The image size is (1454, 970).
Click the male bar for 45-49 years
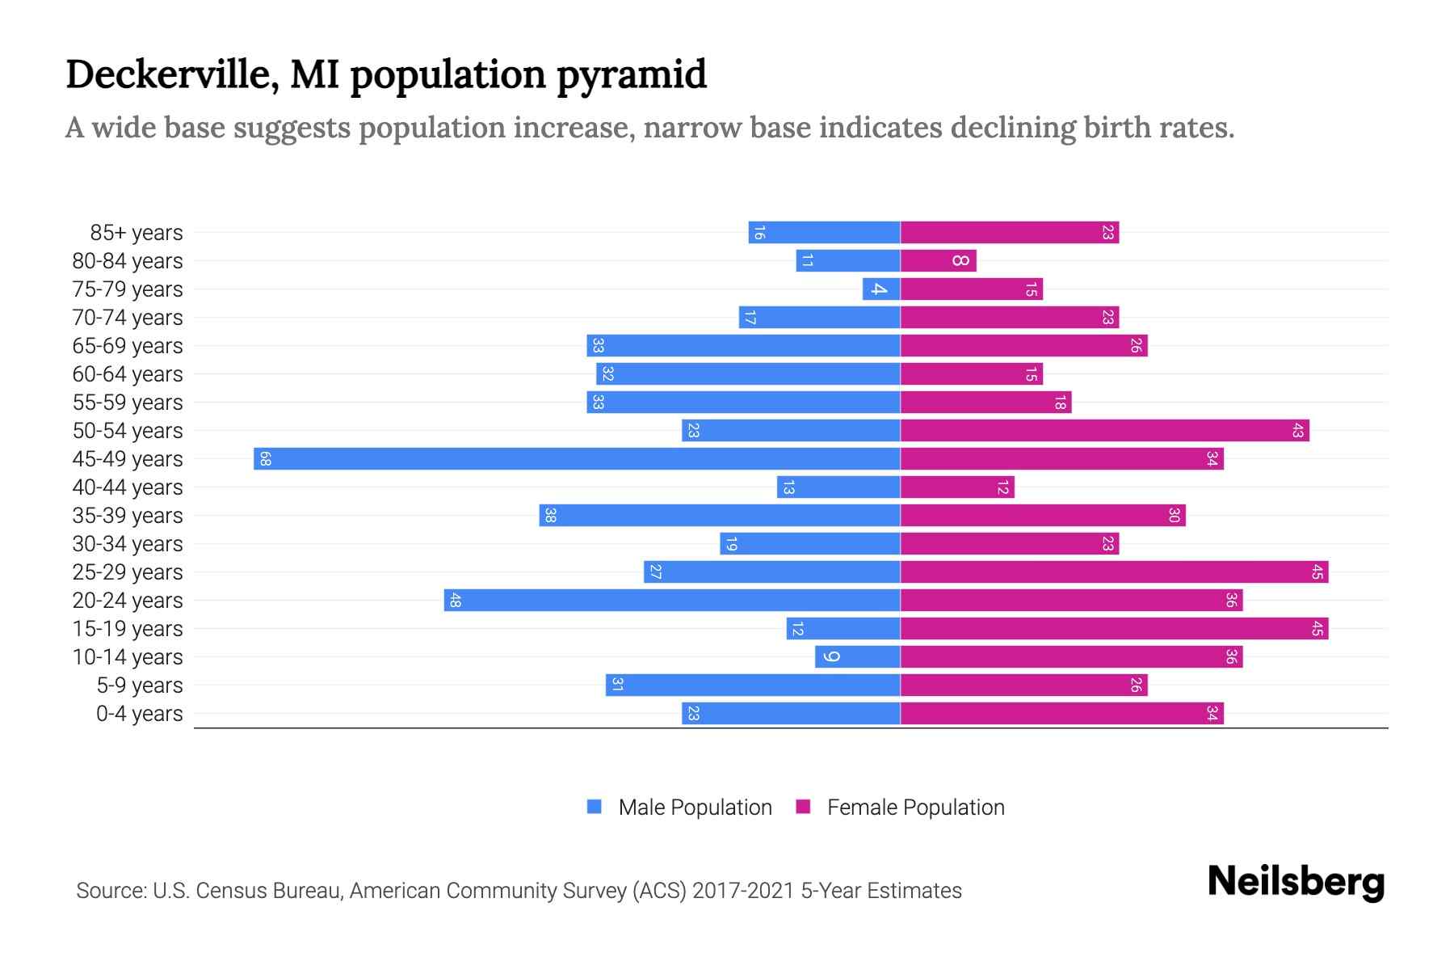(x=577, y=459)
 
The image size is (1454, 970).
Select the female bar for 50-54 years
(x=1104, y=431)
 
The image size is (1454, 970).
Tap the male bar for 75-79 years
(x=881, y=289)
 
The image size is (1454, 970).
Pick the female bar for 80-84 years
(x=938, y=261)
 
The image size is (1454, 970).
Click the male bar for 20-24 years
(x=672, y=601)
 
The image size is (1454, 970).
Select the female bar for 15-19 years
(x=1114, y=629)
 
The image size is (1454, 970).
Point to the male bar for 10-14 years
(x=858, y=657)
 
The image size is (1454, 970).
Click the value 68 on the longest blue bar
(x=265, y=459)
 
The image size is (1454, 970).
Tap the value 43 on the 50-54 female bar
(x=1297, y=431)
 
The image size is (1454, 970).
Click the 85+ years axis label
(x=136, y=233)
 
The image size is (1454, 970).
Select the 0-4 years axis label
(x=139, y=714)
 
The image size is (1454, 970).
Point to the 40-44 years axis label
(x=128, y=487)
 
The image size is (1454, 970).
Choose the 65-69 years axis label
(x=128, y=346)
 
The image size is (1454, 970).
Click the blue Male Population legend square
(x=595, y=807)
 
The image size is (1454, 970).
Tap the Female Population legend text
(x=915, y=808)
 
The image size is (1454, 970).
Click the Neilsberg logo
(x=1296, y=882)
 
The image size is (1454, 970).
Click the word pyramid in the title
(x=631, y=75)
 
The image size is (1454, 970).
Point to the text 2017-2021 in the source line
(x=743, y=891)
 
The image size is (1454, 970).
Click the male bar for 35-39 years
(x=720, y=516)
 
